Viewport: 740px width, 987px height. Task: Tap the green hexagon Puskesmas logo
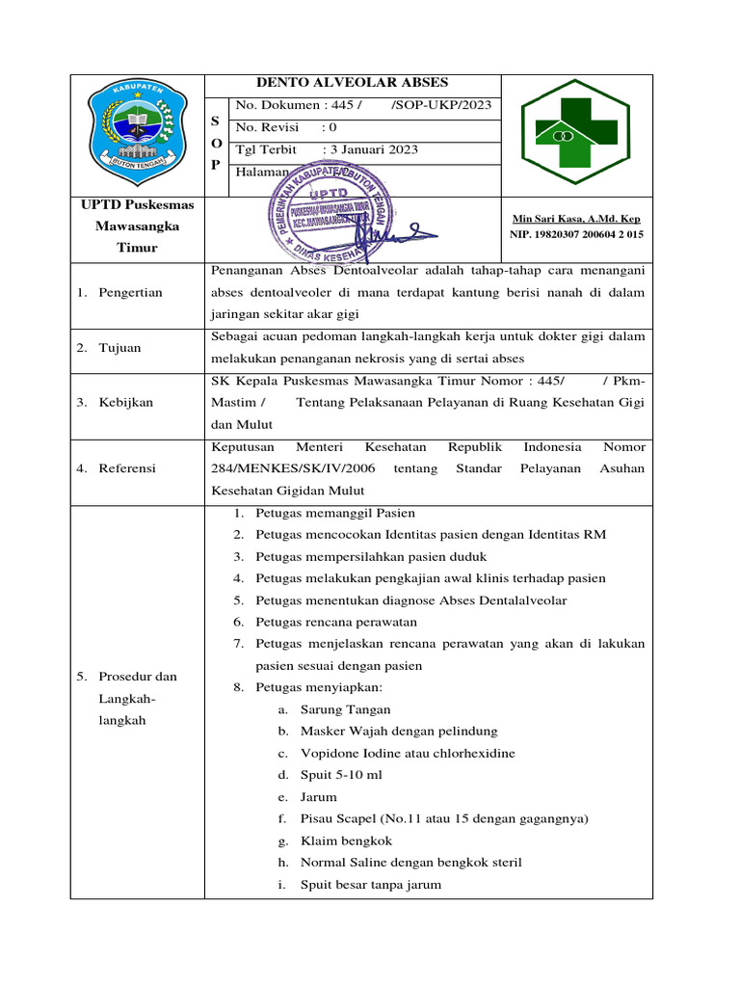coord(576,134)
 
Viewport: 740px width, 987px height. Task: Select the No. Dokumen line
coord(363,105)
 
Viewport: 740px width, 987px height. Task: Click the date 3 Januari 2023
coord(372,149)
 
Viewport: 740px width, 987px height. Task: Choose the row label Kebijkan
coord(125,402)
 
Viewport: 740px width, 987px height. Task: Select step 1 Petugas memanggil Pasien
coord(335,513)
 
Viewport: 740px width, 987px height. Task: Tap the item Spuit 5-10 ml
coord(341,775)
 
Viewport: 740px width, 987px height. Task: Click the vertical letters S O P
coord(216,142)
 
